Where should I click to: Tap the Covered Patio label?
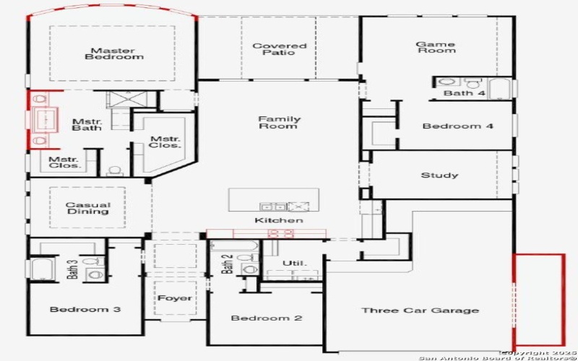click(279, 48)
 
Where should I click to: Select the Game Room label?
click(436, 47)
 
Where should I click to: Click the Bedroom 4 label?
click(458, 126)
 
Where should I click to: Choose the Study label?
click(439, 175)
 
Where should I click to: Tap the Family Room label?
click(279, 123)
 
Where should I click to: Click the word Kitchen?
click(278, 220)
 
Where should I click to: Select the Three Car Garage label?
click(420, 310)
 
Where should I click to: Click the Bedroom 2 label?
click(266, 318)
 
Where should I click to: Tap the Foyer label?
click(175, 297)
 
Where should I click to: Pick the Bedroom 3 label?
click(85, 310)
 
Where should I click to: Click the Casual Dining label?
click(87, 207)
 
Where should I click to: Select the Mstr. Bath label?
click(86, 125)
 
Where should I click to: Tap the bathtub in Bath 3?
click(40, 270)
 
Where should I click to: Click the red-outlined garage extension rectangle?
click(539, 300)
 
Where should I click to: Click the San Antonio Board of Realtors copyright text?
click(498, 357)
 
